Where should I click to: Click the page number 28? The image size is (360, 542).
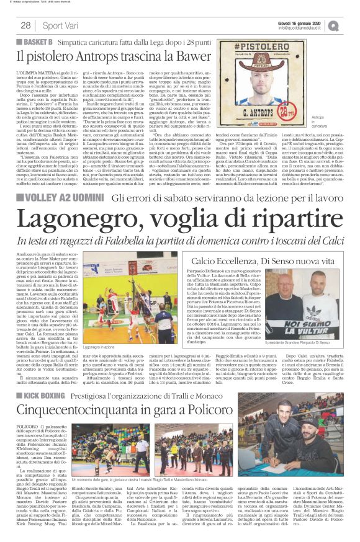pyautogui.click(x=25, y=25)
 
